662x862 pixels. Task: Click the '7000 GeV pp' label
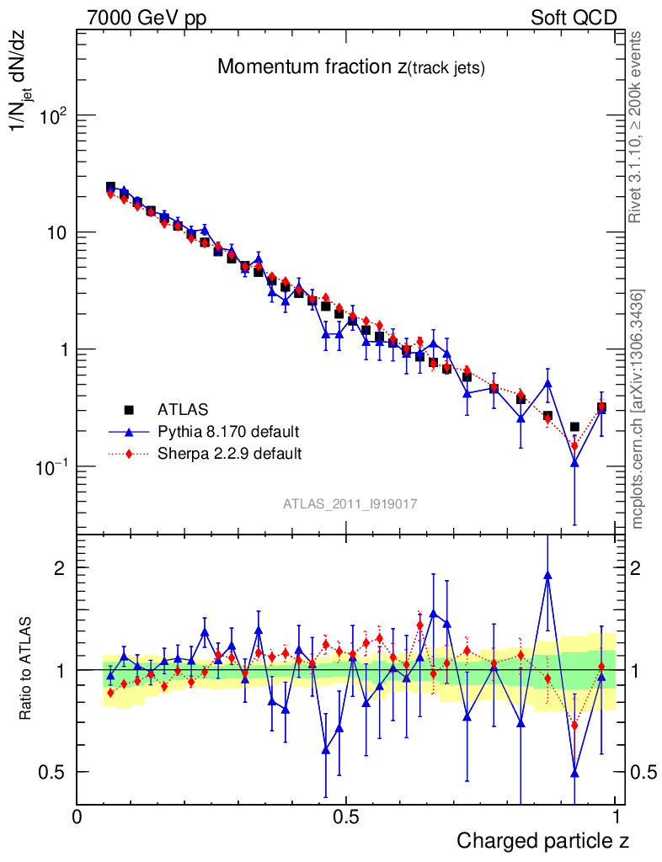tap(147, 18)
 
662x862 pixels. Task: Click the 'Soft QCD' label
tap(574, 18)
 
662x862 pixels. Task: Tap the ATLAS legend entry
tap(181, 410)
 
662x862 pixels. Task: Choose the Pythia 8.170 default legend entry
tap(228, 432)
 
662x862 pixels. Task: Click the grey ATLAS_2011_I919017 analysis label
tap(350, 503)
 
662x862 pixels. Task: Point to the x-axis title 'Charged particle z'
tap(542, 840)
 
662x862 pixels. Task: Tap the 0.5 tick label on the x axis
tap(346, 817)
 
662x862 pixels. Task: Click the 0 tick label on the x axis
tap(77, 817)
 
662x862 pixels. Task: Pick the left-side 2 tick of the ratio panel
tap(60, 568)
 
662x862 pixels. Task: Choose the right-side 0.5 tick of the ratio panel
tap(643, 772)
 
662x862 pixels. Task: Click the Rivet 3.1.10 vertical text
tap(637, 126)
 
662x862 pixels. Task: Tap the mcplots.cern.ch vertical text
tap(638, 408)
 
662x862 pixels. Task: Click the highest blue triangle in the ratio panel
tap(547, 576)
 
